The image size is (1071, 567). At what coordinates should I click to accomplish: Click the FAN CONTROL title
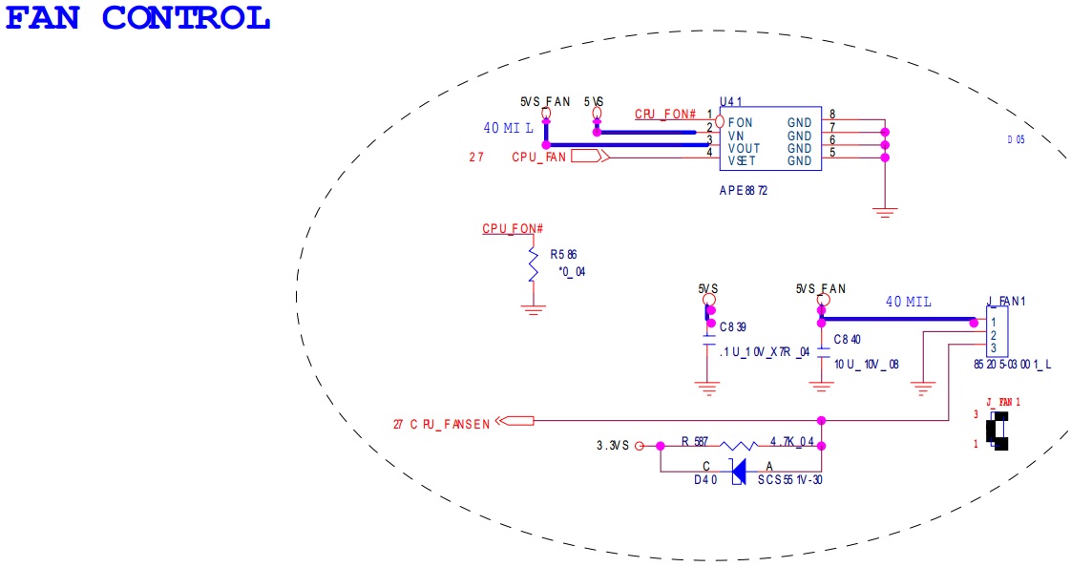coord(138,18)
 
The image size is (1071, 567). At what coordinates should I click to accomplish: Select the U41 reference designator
coord(731,101)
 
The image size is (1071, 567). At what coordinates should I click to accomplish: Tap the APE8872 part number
coord(744,191)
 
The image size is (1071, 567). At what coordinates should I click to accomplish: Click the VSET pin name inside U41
coord(742,161)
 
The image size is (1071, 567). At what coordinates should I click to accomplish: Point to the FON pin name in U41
coord(740,123)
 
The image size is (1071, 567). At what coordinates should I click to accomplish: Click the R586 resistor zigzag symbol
coord(533,263)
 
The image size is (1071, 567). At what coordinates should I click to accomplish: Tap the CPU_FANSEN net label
coord(451,424)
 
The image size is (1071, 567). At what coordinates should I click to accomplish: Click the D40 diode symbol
coord(738,472)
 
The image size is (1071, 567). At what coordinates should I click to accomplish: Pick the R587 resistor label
coord(695,442)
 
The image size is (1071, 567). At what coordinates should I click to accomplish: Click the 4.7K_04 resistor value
coord(792,442)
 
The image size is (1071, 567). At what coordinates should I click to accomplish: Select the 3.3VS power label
coord(613,446)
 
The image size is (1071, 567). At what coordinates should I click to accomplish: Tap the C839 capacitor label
coord(733,327)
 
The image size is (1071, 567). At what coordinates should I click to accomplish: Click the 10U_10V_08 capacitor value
coord(866,365)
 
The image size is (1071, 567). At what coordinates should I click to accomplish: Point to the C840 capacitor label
coord(847,340)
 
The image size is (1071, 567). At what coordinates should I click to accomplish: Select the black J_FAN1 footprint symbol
coord(997,431)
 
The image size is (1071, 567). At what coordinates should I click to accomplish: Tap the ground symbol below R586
coord(533,309)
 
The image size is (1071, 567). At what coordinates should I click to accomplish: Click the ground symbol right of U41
coord(885,212)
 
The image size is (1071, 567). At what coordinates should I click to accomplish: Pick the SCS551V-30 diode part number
coord(789,480)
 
